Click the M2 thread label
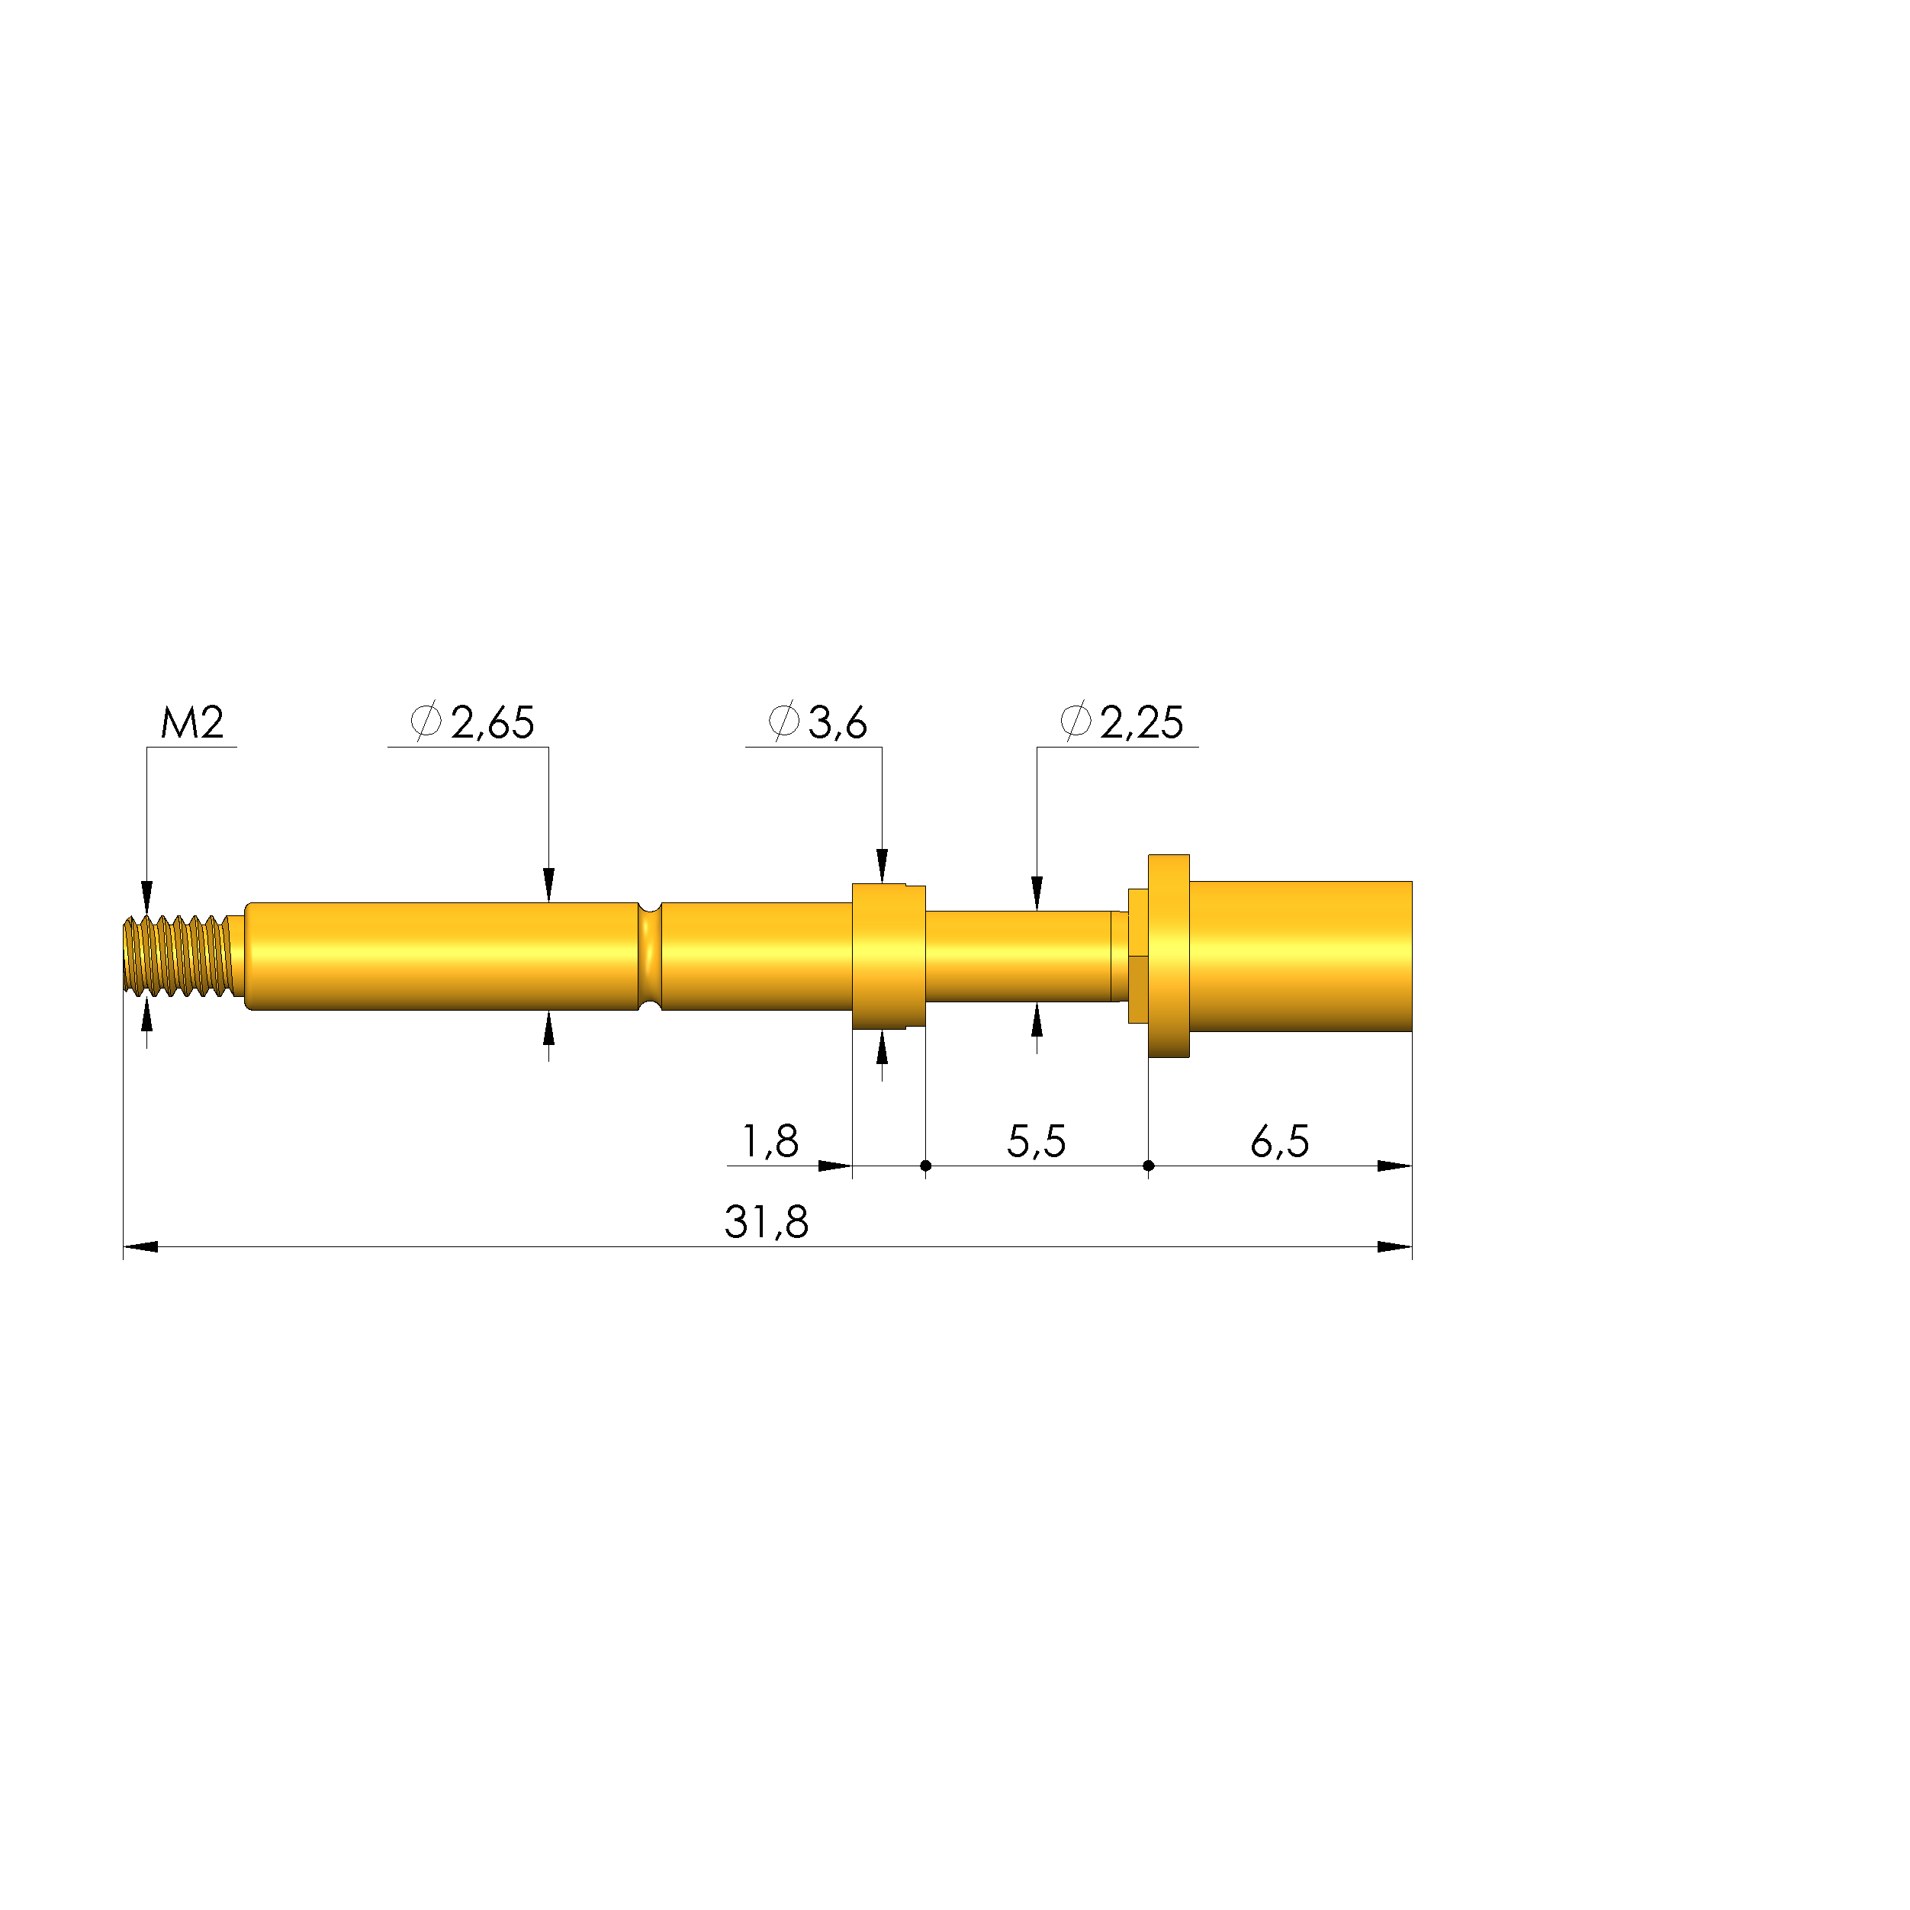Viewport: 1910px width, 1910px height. pos(193,722)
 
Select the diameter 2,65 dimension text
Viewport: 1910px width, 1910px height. pos(473,722)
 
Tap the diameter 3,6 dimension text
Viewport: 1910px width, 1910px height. pos(818,722)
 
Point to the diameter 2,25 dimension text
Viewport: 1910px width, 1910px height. pos(1121,722)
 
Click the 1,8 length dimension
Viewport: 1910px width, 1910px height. pos(770,1142)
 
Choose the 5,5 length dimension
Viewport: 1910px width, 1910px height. pos(1036,1142)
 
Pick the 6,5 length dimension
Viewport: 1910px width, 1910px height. pos(1279,1142)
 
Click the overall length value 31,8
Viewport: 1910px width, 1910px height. pos(766,1223)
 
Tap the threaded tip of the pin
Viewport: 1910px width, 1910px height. pos(178,956)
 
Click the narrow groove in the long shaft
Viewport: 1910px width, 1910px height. pos(650,956)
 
